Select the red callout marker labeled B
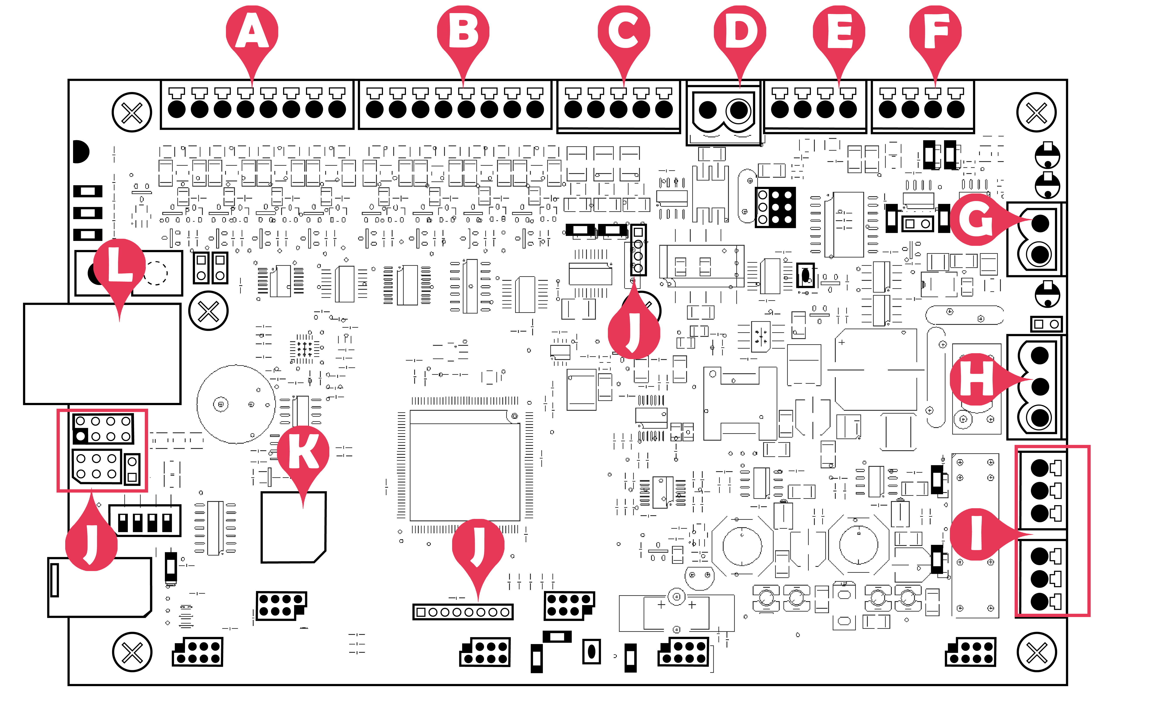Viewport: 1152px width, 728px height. click(x=463, y=32)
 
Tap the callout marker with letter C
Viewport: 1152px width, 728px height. click(x=624, y=32)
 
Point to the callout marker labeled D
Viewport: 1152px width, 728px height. click(x=740, y=32)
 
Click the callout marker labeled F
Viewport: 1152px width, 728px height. click(x=935, y=32)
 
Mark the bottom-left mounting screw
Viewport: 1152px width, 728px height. click(x=132, y=652)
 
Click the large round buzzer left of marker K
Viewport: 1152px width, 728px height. click(x=236, y=404)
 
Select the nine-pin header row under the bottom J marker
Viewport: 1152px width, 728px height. click(x=463, y=612)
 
